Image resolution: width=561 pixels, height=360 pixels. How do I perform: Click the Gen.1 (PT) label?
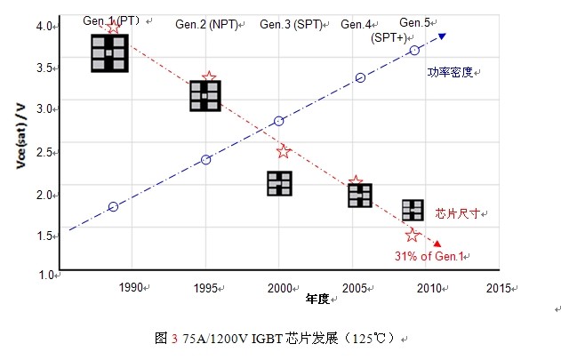click(x=109, y=20)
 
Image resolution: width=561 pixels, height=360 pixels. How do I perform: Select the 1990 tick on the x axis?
click(x=130, y=287)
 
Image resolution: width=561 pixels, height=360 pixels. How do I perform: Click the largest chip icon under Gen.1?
click(x=110, y=53)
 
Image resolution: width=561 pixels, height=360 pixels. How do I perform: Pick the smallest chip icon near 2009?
click(x=413, y=210)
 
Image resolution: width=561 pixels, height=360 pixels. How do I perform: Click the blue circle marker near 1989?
click(x=113, y=207)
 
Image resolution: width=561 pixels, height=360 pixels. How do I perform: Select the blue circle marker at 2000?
click(x=278, y=121)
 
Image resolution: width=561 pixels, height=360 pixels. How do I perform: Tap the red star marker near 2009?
click(x=412, y=235)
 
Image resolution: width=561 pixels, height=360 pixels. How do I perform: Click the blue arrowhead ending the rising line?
click(x=442, y=36)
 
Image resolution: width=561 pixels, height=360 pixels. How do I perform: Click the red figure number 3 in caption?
click(x=174, y=338)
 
